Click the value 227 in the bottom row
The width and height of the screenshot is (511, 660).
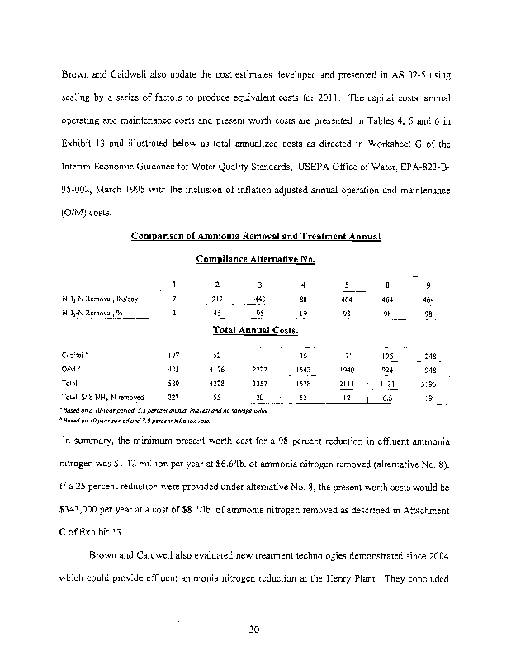173,398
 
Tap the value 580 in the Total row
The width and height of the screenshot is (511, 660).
173,384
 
